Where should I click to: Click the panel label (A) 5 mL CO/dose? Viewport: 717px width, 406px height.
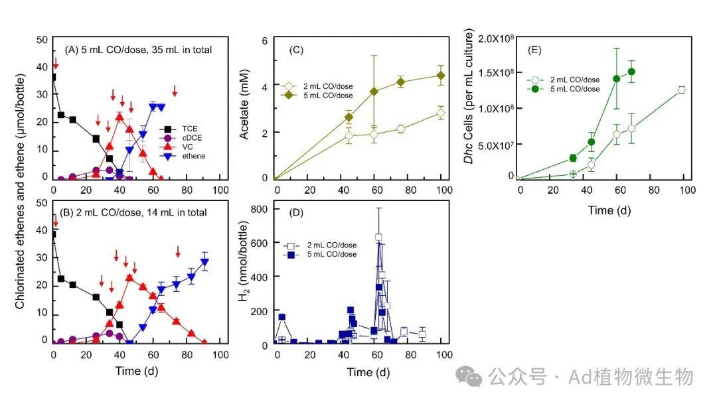pyautogui.click(x=138, y=50)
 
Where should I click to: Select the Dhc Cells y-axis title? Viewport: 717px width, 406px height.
pyautogui.click(x=472, y=106)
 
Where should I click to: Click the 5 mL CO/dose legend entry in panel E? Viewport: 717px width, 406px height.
pyautogui.click(x=570, y=89)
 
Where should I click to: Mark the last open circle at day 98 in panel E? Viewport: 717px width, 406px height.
pyautogui.click(x=681, y=90)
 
